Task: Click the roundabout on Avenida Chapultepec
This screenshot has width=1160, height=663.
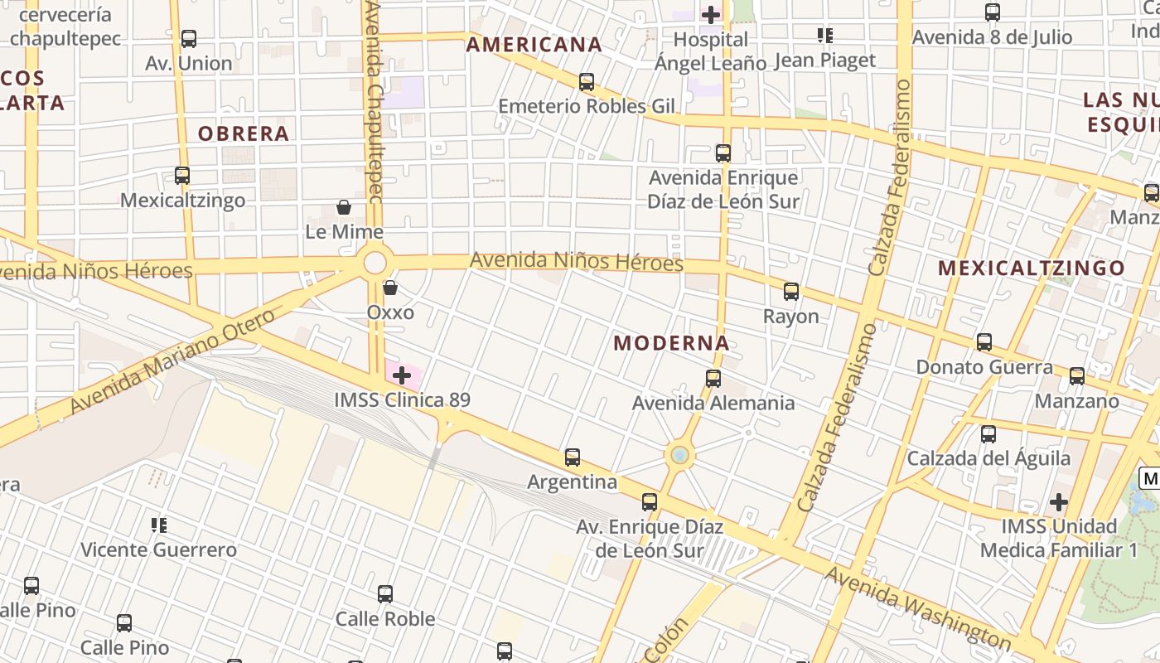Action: click(375, 264)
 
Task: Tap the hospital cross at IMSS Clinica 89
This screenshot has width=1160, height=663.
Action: click(402, 375)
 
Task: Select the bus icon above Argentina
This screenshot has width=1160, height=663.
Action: click(572, 457)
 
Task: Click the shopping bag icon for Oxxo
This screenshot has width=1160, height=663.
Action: click(389, 288)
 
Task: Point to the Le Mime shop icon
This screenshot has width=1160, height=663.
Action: click(344, 207)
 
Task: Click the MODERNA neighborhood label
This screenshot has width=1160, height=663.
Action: click(671, 343)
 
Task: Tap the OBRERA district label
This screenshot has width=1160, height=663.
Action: click(243, 133)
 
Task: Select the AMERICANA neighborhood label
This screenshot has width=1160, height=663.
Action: click(534, 45)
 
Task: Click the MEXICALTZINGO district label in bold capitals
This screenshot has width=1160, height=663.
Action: click(1032, 268)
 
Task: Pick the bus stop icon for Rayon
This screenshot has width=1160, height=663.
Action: click(791, 292)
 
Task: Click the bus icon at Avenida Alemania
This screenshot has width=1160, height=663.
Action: click(713, 379)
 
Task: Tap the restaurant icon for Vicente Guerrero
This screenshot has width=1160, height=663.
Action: click(158, 525)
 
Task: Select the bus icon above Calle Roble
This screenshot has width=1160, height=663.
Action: click(385, 594)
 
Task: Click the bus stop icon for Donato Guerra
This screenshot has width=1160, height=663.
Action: click(984, 342)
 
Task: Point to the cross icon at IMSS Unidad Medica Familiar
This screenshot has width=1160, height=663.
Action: click(1058, 502)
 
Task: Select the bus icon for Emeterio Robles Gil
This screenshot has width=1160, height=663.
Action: click(587, 82)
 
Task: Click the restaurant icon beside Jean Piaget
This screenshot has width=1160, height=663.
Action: click(824, 36)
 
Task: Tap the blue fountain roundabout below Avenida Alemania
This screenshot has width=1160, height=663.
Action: click(679, 455)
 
